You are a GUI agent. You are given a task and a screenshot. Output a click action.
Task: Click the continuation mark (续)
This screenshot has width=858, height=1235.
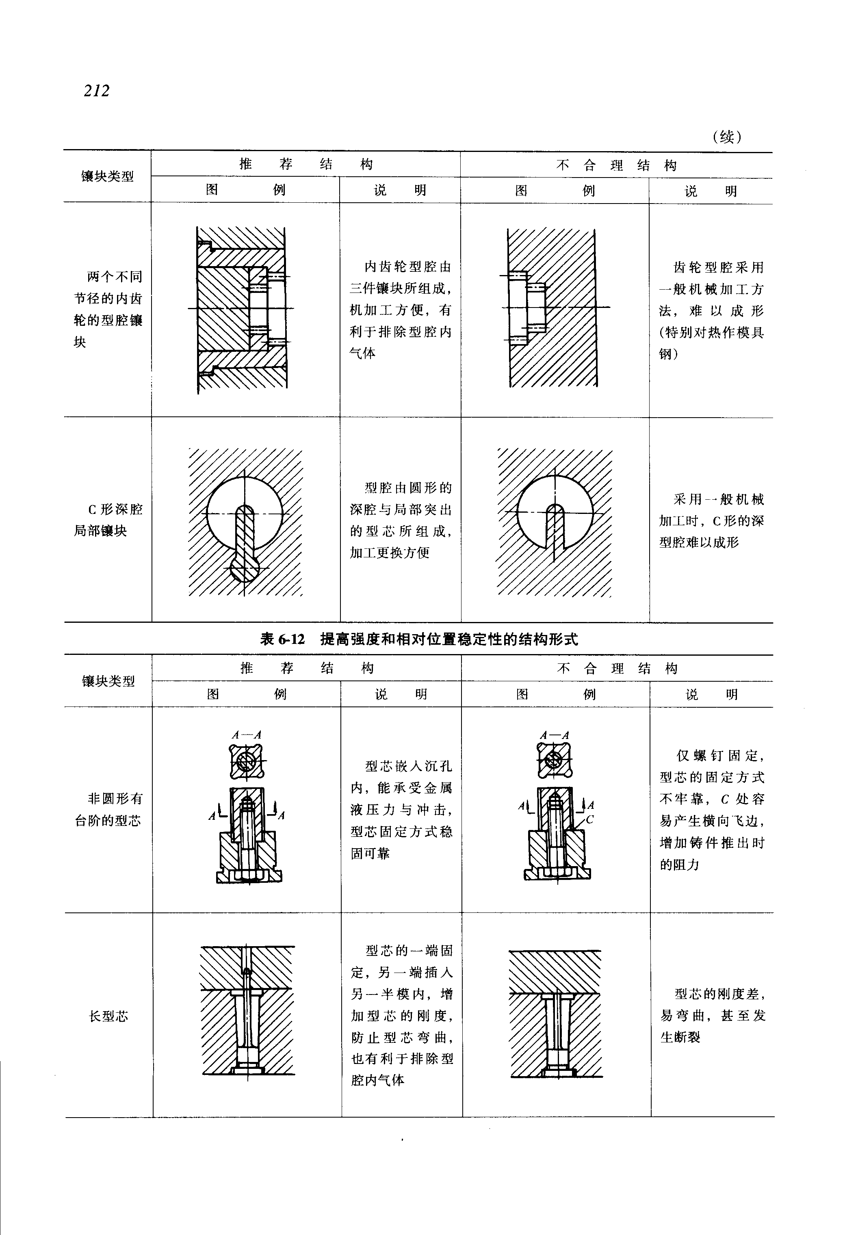[x=727, y=137]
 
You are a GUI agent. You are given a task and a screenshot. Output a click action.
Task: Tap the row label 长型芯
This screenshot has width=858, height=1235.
[x=108, y=1016]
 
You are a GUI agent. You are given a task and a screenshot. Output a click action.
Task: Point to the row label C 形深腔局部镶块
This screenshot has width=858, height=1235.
[x=108, y=520]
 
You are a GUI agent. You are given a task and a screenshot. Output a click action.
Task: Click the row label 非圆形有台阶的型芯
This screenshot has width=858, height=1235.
[x=108, y=810]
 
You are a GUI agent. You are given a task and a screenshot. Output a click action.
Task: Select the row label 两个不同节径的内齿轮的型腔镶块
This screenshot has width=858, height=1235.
[x=108, y=309]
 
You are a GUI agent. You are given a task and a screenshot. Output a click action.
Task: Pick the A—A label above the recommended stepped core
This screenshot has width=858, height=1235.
[x=246, y=735]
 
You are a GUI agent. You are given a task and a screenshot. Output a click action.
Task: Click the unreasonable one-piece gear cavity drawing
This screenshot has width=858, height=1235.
[x=552, y=308]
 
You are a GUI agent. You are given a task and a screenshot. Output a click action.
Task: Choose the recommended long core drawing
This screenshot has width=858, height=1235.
[x=247, y=1011]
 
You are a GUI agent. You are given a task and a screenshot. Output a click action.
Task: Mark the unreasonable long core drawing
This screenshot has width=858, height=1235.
[x=555, y=1014]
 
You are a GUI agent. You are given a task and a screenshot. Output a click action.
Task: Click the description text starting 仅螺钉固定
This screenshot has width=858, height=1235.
[x=712, y=810]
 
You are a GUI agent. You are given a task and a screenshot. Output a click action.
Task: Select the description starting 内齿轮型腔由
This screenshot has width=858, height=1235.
[x=401, y=310]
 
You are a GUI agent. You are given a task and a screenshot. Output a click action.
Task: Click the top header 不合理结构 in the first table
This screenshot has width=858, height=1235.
[x=616, y=165]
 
